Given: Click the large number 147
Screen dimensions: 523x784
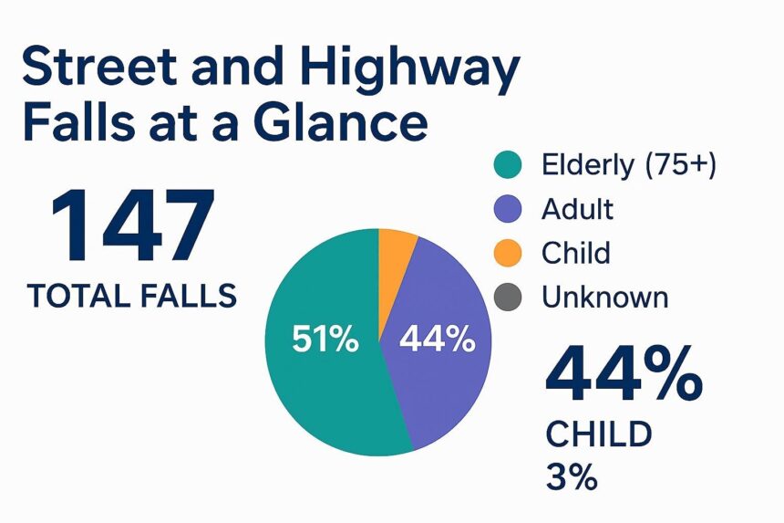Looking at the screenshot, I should coord(132,226).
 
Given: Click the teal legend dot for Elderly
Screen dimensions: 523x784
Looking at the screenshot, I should coord(506,165).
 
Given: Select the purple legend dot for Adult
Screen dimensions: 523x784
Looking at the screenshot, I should coord(506,209).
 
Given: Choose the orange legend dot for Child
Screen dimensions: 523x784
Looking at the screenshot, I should coord(506,253).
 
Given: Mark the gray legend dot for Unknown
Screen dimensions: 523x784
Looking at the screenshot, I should coord(506,297).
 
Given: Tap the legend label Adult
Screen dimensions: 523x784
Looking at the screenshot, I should coord(577,209).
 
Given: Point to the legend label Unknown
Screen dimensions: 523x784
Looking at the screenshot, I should coord(604,297).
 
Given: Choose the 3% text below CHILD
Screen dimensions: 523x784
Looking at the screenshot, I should coord(572,476).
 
